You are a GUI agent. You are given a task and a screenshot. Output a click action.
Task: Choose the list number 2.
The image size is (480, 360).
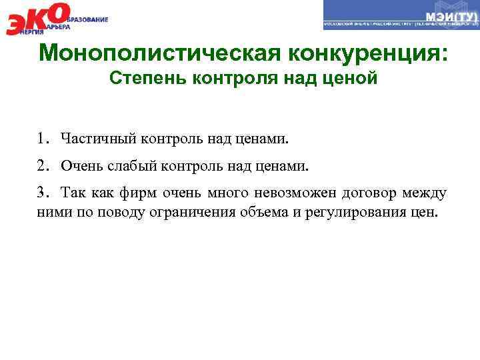pos(42,165)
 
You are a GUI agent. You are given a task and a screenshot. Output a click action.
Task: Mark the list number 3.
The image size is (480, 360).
pos(42,193)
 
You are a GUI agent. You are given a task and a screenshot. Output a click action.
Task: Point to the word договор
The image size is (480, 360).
pos(370,193)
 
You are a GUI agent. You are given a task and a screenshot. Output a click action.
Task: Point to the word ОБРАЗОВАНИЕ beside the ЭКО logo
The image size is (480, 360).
pos(87,19)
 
